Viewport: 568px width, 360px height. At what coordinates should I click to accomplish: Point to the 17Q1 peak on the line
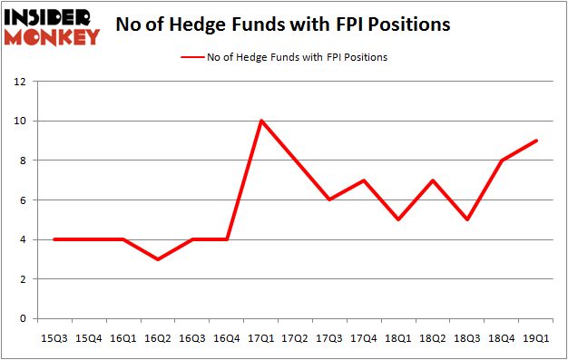[x=261, y=121]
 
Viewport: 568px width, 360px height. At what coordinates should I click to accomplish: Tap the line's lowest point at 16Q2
[x=158, y=259]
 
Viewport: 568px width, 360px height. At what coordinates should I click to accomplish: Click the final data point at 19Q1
[x=537, y=141]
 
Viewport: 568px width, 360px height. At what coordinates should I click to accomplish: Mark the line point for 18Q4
[x=503, y=161]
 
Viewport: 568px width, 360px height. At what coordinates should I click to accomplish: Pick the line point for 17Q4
[x=365, y=180]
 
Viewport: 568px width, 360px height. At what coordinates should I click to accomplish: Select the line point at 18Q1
[x=399, y=219]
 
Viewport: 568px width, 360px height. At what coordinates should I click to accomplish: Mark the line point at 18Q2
[x=434, y=180]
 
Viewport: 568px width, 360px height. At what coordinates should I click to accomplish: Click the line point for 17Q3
[x=330, y=199]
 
